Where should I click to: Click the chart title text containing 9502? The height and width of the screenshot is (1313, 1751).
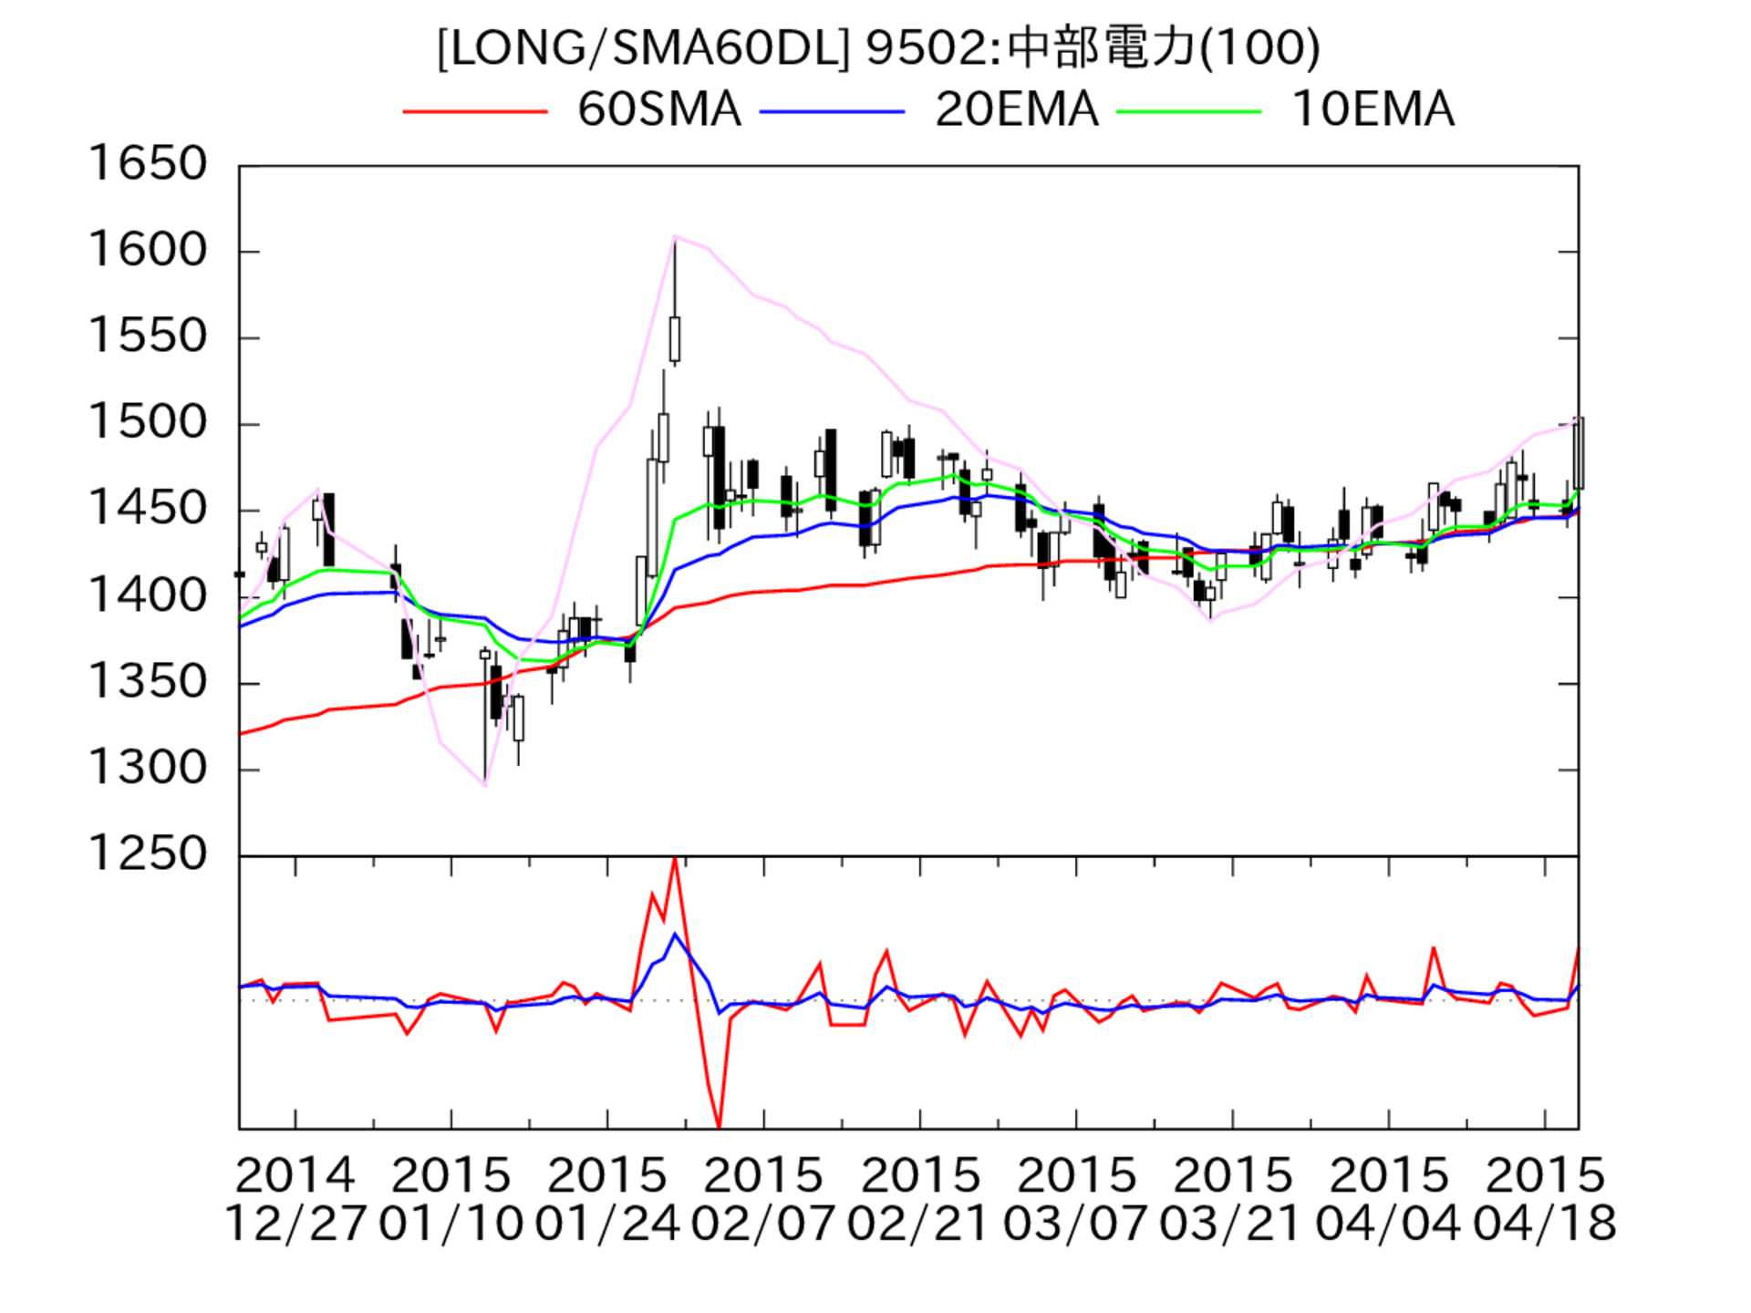pyautogui.click(x=877, y=47)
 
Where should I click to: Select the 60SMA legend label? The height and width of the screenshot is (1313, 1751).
pyautogui.click(x=658, y=109)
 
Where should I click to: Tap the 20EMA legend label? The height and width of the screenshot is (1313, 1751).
pyautogui.click(x=1016, y=109)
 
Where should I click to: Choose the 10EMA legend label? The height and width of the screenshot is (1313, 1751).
pyautogui.click(x=1373, y=109)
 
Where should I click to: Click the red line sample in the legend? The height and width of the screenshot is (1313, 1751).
pyautogui.click(x=474, y=111)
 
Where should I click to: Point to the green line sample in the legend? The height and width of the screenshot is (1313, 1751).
pyautogui.click(x=1189, y=111)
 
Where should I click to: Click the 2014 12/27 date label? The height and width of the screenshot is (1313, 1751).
pyautogui.click(x=295, y=1199)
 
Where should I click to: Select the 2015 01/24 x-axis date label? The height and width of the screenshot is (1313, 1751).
pyautogui.click(x=606, y=1199)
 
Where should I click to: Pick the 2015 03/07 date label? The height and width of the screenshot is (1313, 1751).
pyautogui.click(x=1075, y=1199)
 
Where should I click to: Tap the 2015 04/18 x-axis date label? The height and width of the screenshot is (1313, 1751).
pyautogui.click(x=1544, y=1199)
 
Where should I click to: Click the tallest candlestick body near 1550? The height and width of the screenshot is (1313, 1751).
pyautogui.click(x=675, y=339)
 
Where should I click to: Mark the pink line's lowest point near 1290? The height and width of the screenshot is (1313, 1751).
pyautogui.click(x=485, y=785)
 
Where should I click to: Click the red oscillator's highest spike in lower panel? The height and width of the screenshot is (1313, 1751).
pyautogui.click(x=675, y=859)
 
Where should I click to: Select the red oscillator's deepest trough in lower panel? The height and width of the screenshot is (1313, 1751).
pyautogui.click(x=720, y=1127)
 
